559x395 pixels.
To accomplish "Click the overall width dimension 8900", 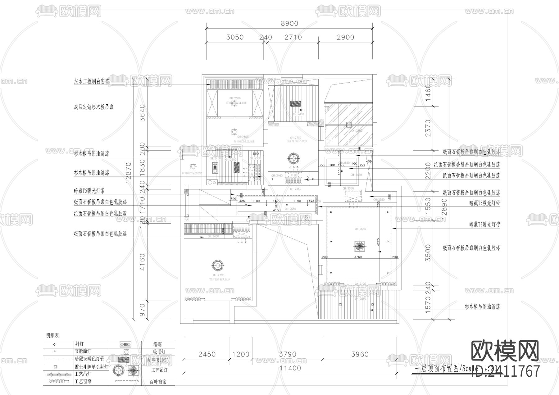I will click(x=289, y=23).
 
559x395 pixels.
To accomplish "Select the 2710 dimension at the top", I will click(x=293, y=37).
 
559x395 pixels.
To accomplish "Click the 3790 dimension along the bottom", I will click(x=288, y=354).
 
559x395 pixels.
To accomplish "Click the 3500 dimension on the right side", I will click(x=428, y=253).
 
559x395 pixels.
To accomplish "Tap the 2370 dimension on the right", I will click(x=428, y=128).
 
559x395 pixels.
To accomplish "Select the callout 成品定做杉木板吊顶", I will click(x=93, y=107).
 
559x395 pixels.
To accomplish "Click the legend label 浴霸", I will click(x=157, y=345).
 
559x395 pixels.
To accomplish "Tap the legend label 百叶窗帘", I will click(x=158, y=382).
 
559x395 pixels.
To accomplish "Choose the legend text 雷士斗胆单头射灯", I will click(x=91, y=367).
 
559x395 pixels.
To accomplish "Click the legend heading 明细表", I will click(x=52, y=336).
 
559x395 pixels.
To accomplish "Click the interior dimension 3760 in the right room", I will click(x=358, y=257).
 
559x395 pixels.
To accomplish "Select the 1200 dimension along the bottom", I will click(x=241, y=354).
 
